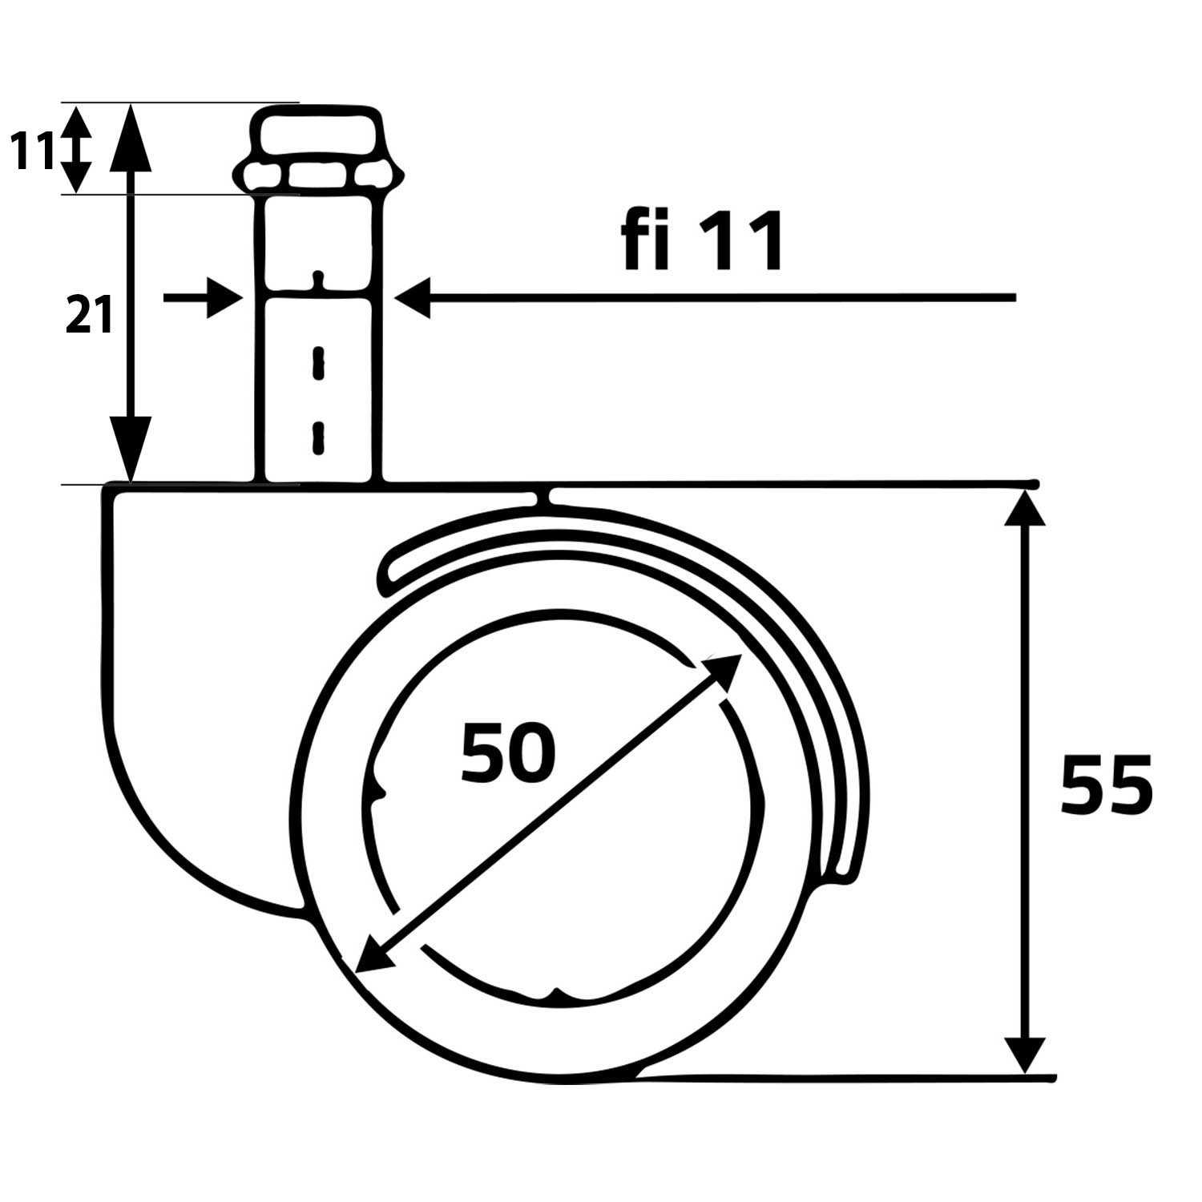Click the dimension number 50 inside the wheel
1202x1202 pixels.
(508, 753)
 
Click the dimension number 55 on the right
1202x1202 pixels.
(1106, 785)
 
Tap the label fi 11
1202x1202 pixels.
(703, 241)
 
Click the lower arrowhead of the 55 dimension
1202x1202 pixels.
(1024, 1054)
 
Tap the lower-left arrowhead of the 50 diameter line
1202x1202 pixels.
(371, 957)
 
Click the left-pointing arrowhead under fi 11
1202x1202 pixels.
(413, 298)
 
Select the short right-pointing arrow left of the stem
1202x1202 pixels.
(204, 298)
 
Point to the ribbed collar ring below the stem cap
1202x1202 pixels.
(318, 175)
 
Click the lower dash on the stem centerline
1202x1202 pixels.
(318, 438)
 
